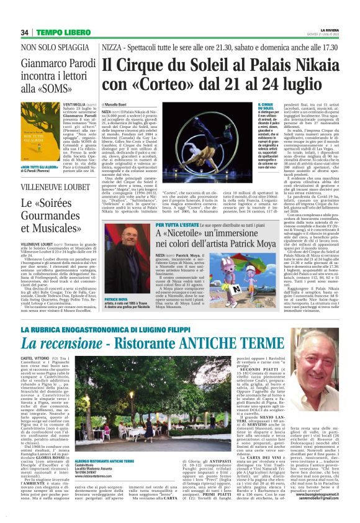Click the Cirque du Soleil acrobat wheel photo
coord(200,139)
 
